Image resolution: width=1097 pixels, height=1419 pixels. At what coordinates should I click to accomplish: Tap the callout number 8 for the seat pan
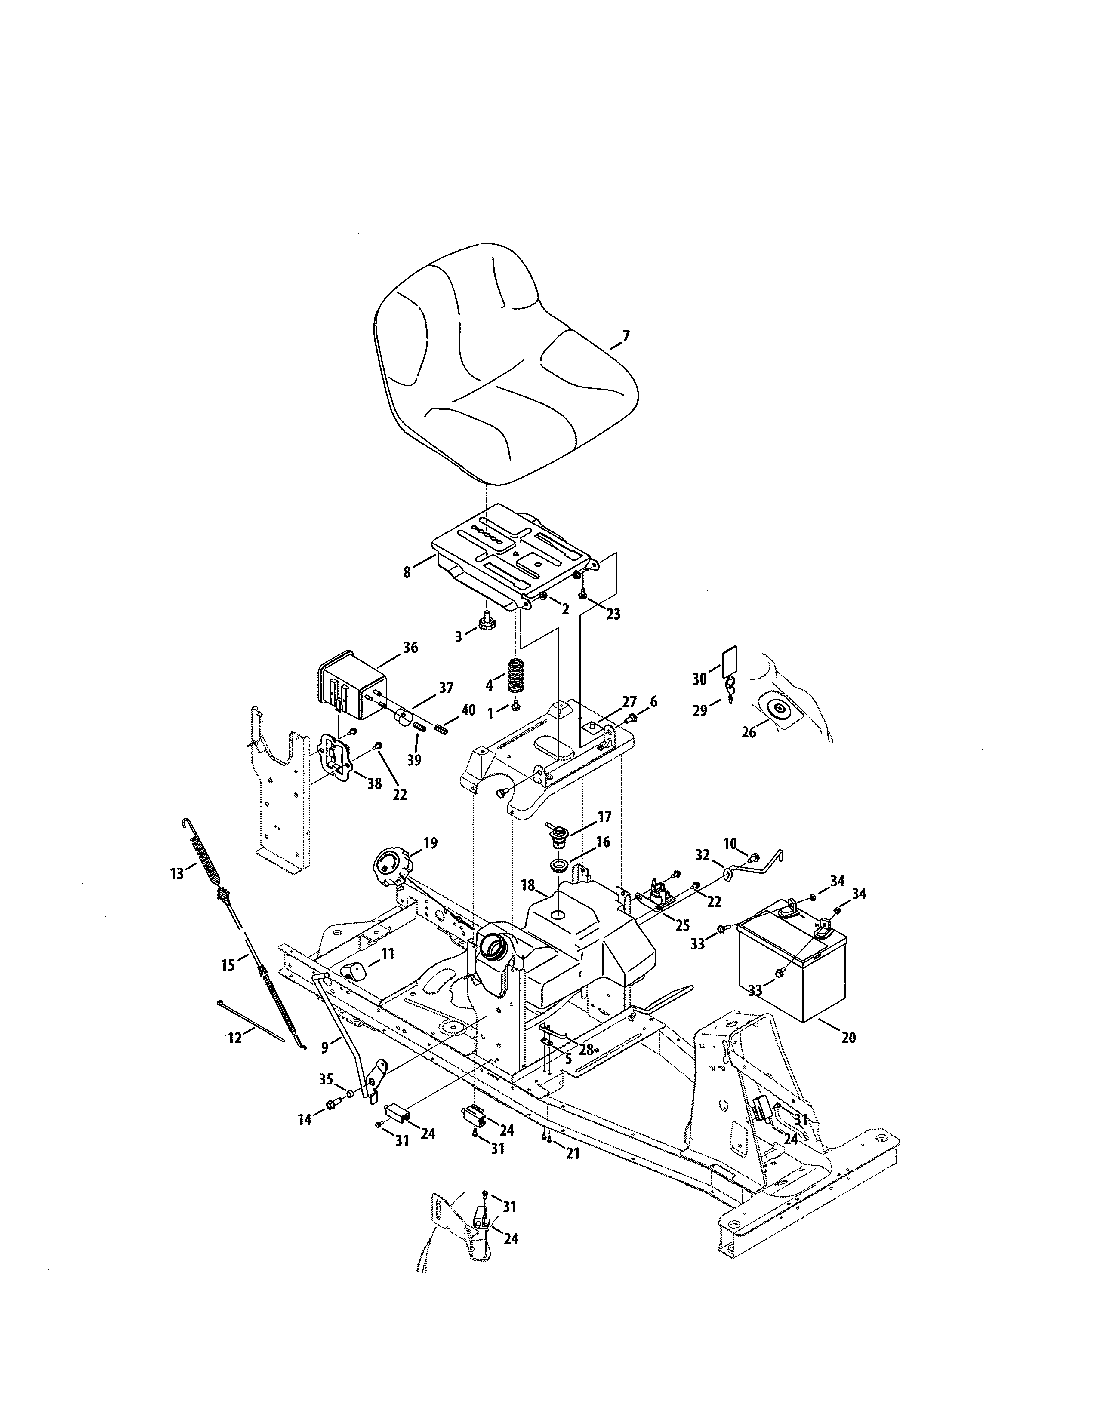pos(407,572)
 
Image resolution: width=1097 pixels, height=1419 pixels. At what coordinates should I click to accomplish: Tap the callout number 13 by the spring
pos(177,874)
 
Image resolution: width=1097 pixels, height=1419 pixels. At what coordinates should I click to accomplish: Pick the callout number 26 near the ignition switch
pos(749,732)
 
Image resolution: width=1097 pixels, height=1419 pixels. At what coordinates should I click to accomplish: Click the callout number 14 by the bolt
pos(305,1119)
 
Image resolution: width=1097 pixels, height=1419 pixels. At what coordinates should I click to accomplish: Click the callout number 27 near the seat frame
pos(629,702)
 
